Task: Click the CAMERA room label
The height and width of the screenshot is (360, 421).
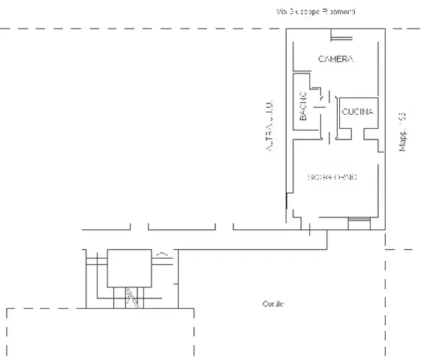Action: [x=335, y=58]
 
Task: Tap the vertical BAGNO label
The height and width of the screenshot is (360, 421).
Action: [x=304, y=106]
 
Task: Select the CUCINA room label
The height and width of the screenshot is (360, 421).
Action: [x=357, y=112]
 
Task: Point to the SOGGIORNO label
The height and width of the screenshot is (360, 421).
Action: [x=332, y=177]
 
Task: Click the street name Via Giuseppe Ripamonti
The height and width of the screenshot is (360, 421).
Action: [x=315, y=12]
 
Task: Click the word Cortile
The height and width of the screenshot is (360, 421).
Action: [x=273, y=304]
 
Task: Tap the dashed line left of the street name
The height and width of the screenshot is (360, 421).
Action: [x=135, y=28]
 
